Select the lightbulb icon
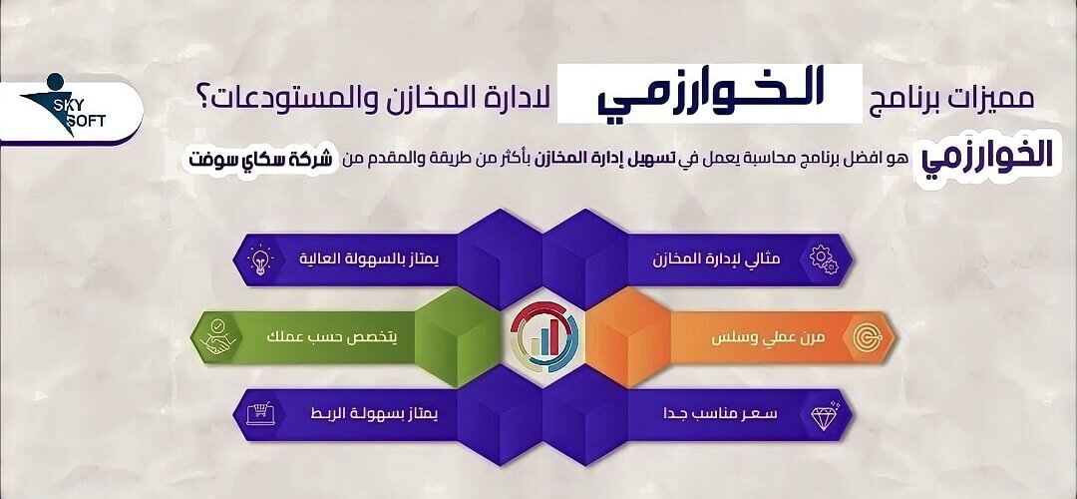(x=260, y=259)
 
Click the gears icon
(x=824, y=259)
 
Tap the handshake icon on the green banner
(x=217, y=337)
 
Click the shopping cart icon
(x=260, y=414)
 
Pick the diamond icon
(x=825, y=415)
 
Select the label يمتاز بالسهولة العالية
(x=368, y=259)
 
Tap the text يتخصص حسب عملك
(x=331, y=338)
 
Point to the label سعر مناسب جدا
(x=720, y=414)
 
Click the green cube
(x=457, y=337)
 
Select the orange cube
(x=628, y=337)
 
